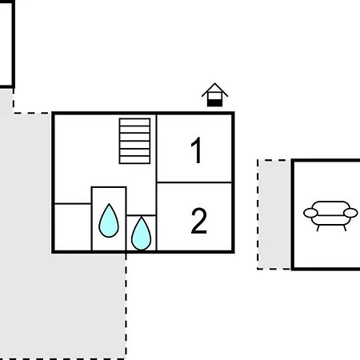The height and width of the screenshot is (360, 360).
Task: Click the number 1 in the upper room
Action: [x=197, y=150]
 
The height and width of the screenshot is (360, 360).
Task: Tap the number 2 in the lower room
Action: [x=199, y=221]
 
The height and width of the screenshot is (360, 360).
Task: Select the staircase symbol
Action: [x=134, y=141]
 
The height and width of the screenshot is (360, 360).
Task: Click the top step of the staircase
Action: [x=134, y=122]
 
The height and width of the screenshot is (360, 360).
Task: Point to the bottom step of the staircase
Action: [x=134, y=160]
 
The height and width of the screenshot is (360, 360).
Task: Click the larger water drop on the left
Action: [x=109, y=222]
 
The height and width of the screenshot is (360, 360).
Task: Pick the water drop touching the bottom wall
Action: [x=142, y=234]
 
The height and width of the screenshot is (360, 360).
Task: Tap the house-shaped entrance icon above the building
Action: [x=214, y=95]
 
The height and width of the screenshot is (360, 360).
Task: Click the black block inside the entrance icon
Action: [x=214, y=103]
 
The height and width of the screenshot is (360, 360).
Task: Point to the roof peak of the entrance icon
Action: [x=214, y=83]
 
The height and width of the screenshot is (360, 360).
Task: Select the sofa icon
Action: [x=330, y=216]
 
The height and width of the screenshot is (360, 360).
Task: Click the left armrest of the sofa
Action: [x=310, y=213]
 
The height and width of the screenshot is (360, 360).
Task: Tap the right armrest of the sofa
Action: [x=350, y=213]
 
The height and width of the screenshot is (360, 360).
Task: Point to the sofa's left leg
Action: [x=318, y=228]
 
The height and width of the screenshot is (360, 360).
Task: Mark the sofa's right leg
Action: [x=345, y=228]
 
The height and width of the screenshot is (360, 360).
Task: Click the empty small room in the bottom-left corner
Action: [x=73, y=227]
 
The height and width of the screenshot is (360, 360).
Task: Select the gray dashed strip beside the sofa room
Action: [x=274, y=214]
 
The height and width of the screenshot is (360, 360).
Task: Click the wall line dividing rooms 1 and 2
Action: [x=194, y=182]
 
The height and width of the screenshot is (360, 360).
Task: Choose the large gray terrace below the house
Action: [x=63, y=306]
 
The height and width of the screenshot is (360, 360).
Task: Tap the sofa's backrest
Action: [x=330, y=206]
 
